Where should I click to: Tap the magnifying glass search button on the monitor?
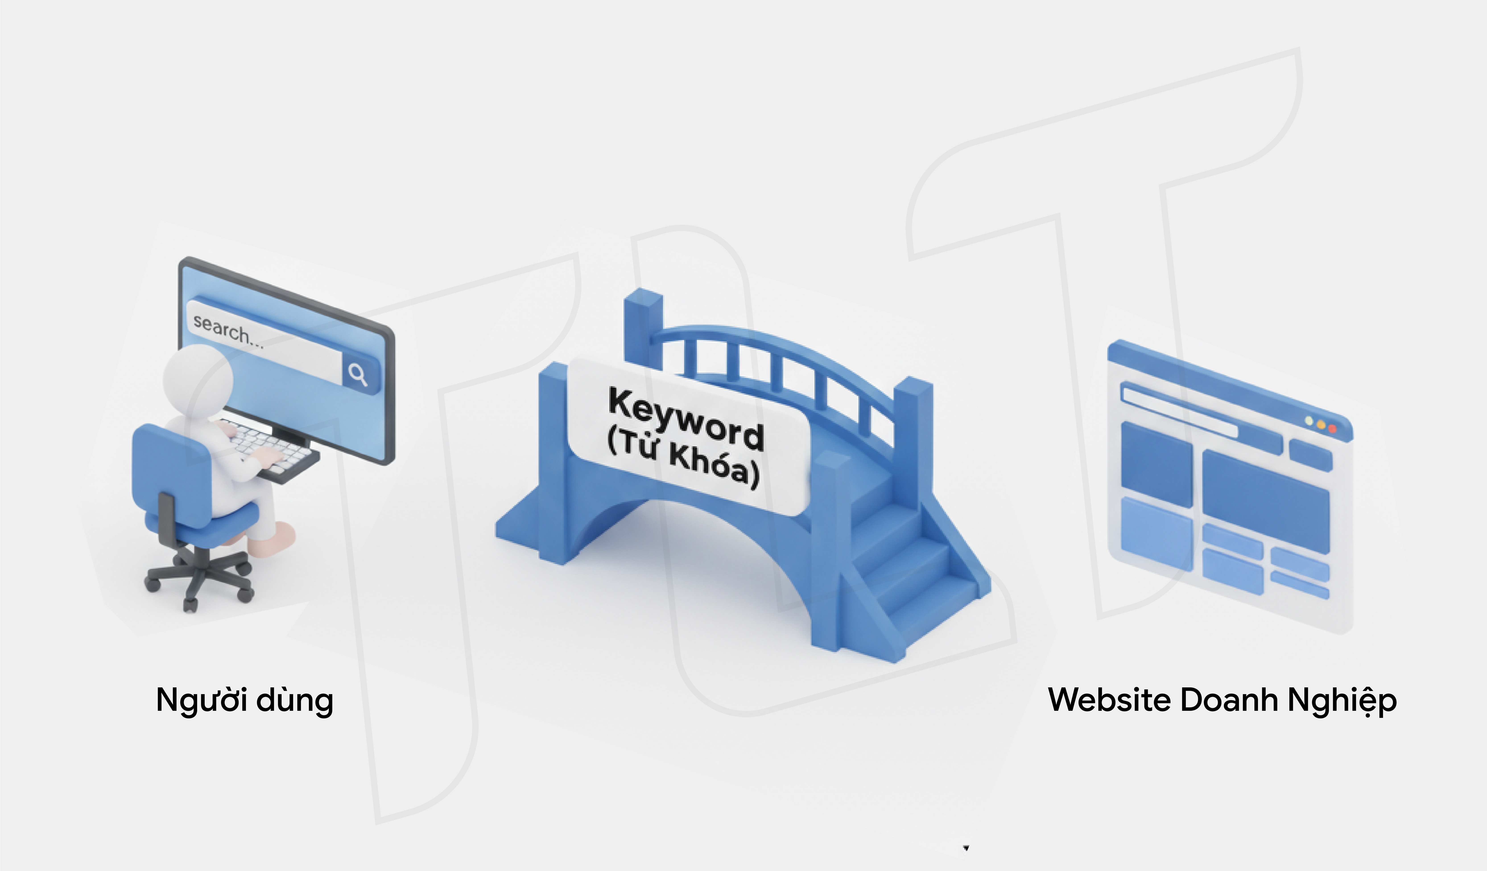click(x=358, y=374)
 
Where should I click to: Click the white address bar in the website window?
click(x=1180, y=410)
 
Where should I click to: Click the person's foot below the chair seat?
click(x=277, y=538)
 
